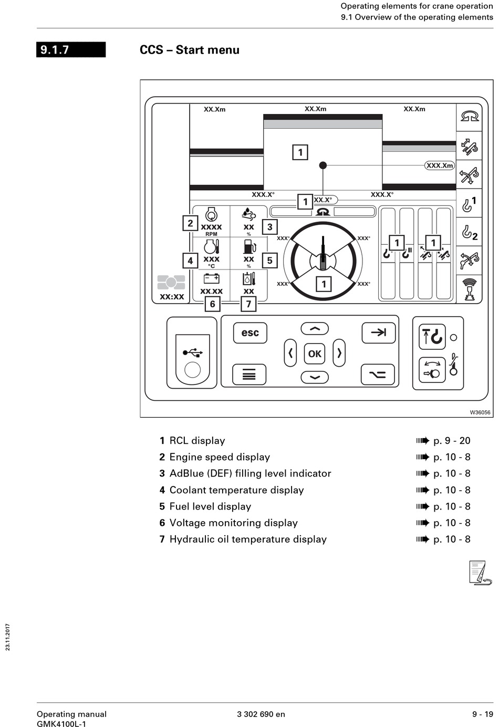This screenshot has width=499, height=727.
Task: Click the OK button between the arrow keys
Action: [315, 354]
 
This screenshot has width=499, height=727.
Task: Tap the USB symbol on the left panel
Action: [193, 352]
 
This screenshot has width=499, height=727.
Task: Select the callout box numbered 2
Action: [190, 223]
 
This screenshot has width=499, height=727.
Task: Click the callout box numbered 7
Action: [248, 304]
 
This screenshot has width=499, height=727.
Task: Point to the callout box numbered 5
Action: [269, 260]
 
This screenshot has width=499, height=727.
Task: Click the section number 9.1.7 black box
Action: [71, 50]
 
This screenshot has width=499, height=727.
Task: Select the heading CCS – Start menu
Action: [190, 50]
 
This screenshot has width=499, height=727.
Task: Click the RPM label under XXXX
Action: [211, 234]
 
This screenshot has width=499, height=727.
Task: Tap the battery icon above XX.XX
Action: [211, 278]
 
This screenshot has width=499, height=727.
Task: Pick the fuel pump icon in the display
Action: [250, 246]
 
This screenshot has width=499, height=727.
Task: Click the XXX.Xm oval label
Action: [439, 165]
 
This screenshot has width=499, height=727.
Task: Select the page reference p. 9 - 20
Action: [451, 441]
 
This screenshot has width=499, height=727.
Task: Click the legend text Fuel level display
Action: [210, 506]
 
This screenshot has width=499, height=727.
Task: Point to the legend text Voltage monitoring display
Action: [233, 523]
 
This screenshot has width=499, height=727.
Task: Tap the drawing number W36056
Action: [480, 412]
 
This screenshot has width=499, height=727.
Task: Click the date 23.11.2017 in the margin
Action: [8, 637]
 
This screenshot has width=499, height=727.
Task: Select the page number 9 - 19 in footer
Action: [482, 714]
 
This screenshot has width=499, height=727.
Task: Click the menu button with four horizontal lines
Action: [249, 375]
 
